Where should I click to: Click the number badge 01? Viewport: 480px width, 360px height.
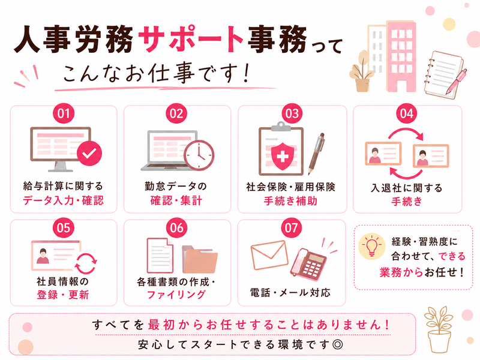pos(64,113)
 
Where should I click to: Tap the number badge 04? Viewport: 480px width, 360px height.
pos(407,113)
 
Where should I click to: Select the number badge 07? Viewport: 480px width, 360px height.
pos(291,228)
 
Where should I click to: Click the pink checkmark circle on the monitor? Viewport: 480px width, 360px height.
pos(89,154)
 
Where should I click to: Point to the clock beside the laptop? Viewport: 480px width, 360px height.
pos(199,155)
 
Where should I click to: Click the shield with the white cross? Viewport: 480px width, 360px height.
pos(283,157)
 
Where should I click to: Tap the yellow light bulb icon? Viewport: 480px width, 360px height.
pos(371,246)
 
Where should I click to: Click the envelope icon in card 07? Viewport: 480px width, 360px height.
pos(269,255)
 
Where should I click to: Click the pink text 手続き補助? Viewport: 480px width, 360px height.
pos(290,201)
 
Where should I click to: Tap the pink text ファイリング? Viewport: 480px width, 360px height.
pos(176,295)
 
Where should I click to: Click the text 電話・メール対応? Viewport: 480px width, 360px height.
pos(290,293)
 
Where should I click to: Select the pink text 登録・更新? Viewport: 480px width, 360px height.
pos(63,295)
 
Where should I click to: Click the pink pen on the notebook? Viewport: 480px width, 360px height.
pos(456,82)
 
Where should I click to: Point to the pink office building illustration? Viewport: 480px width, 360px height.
pos(401,56)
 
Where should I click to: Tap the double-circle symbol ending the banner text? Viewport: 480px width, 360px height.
pos(338,344)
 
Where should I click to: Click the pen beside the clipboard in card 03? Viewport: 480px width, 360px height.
pos(317,153)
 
